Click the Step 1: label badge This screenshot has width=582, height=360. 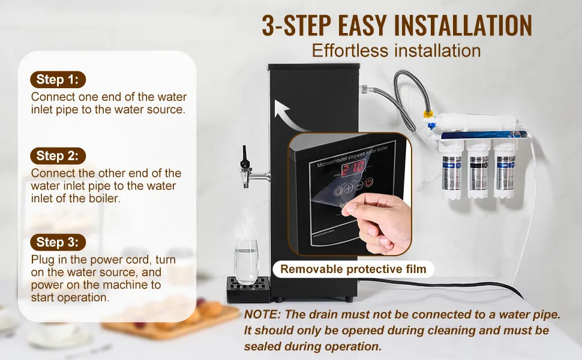(58, 79)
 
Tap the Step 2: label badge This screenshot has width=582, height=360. (58, 156)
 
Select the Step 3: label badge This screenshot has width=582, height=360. (58, 242)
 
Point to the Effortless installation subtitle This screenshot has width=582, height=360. (396, 50)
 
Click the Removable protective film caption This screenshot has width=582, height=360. (353, 269)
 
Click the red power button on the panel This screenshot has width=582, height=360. (368, 182)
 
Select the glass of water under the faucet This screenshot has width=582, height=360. (246, 262)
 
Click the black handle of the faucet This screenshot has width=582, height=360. (244, 156)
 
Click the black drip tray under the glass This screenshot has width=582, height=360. (248, 289)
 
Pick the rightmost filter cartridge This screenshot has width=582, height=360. (505, 169)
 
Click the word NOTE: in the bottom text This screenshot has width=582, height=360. (262, 314)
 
